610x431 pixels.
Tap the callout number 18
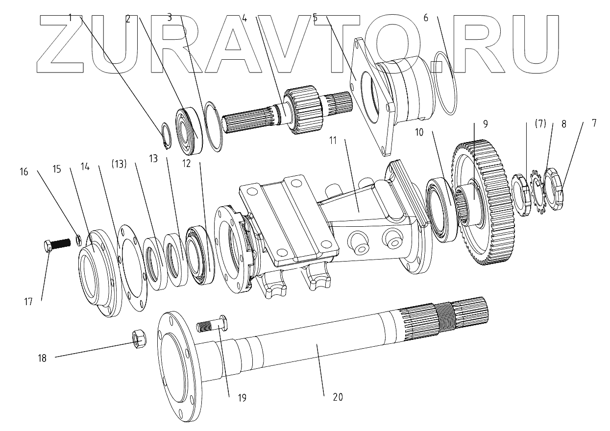pos(43,358)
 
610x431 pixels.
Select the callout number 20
pos(338,397)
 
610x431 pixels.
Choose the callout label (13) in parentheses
pos(119,165)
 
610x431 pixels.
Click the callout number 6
pos(425,18)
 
